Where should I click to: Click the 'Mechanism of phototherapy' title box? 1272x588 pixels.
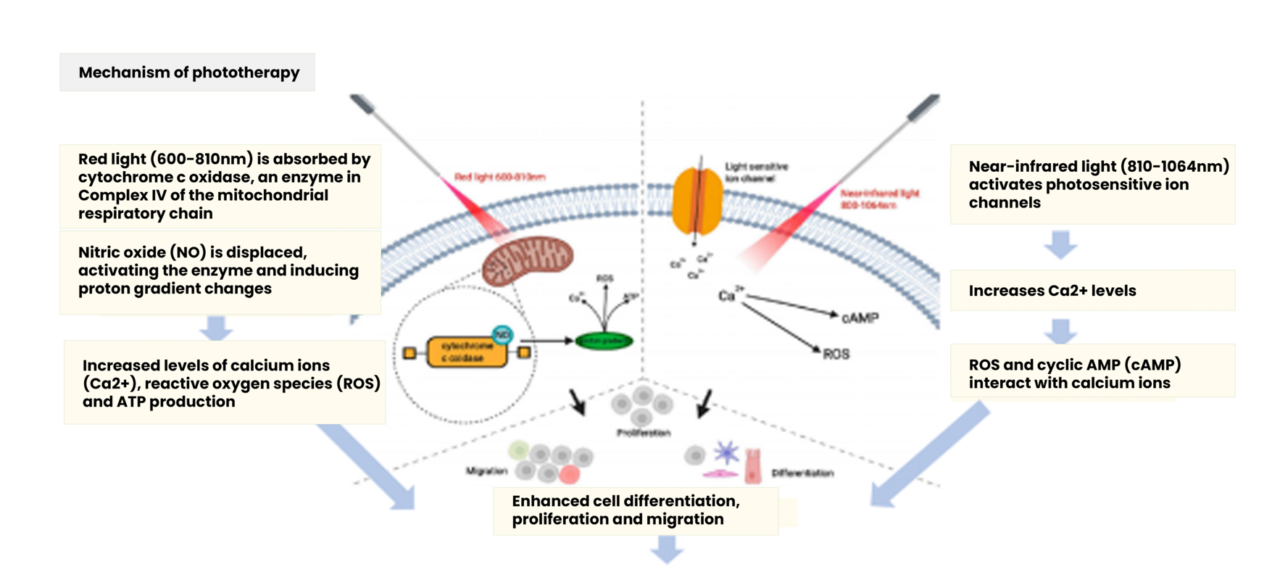[187, 73]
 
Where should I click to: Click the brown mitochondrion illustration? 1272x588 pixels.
[527, 260]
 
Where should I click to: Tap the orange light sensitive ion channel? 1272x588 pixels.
[697, 202]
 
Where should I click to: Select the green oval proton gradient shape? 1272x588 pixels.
[604, 341]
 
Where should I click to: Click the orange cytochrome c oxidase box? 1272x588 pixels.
[466, 352]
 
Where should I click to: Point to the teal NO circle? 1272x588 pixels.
[502, 334]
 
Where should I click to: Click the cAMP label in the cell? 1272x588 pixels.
[860, 318]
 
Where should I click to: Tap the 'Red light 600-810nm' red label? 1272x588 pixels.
[499, 177]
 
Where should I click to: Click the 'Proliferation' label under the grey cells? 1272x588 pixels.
[643, 433]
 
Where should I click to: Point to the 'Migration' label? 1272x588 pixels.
[486, 471]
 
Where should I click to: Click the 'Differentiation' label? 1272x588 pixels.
[802, 473]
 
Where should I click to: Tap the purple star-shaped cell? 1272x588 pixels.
[726, 453]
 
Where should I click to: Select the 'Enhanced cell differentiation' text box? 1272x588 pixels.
[635, 510]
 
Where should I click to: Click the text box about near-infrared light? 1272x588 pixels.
[1092, 184]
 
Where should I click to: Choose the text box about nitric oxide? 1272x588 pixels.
[220, 271]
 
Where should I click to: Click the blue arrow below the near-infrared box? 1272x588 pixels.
[1060, 245]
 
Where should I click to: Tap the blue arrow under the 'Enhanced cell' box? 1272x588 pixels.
[667, 549]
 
